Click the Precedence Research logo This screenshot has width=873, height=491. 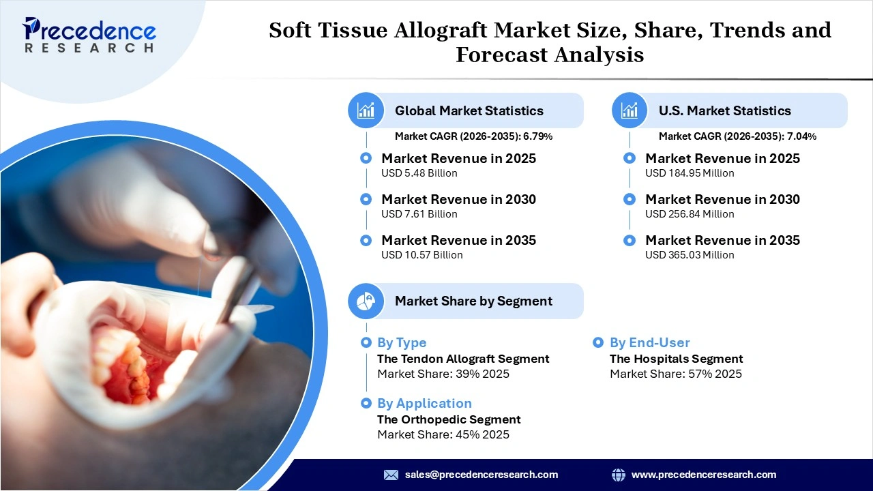[89, 35]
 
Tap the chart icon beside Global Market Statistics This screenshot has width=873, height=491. [366, 110]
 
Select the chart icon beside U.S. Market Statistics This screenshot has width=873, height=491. [630, 110]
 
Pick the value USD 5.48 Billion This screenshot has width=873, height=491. [419, 173]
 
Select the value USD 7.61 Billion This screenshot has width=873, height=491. [419, 214]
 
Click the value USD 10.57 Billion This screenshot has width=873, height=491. [421, 255]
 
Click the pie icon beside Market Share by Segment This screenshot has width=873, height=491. [366, 301]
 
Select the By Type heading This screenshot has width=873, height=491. [402, 343]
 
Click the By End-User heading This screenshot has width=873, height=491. [649, 343]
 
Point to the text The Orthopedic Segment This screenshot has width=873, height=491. [449, 419]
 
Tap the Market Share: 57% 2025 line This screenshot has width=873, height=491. [675, 374]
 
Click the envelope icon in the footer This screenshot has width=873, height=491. [391, 475]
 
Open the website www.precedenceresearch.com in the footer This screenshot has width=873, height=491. [703, 475]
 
